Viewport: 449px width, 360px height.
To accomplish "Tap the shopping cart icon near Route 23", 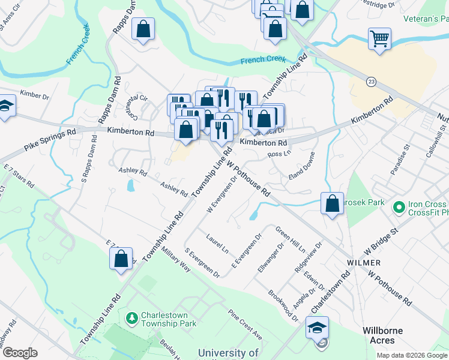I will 380,40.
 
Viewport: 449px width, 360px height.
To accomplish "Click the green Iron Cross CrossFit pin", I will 397,208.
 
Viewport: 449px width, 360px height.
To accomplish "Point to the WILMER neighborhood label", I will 364,263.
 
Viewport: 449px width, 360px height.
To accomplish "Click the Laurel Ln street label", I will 217,242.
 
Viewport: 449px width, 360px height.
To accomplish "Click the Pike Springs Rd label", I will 50,139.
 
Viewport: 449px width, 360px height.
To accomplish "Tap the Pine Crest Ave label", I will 245,325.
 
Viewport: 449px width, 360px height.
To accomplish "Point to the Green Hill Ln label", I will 291,239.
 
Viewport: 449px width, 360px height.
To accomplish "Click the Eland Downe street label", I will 302,175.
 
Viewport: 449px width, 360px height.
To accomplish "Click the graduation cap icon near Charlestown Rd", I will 318,328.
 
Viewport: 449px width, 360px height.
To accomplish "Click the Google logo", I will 20,353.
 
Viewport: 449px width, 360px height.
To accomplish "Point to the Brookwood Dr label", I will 283,305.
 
